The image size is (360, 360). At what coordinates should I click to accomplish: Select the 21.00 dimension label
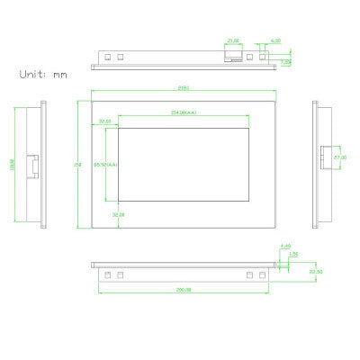tap(232, 41)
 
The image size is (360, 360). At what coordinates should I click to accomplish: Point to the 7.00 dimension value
tap(285, 62)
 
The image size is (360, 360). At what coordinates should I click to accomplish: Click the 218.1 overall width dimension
tap(184, 88)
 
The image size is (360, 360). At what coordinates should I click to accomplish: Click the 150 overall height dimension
tap(79, 165)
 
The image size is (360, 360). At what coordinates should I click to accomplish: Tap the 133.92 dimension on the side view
tap(13, 165)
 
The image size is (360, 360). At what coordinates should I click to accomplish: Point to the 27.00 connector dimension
tap(340, 157)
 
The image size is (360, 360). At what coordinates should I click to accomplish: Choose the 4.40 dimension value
tap(286, 246)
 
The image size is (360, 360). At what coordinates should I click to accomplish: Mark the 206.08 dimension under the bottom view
tap(184, 289)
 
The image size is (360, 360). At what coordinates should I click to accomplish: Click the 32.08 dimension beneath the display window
tap(118, 216)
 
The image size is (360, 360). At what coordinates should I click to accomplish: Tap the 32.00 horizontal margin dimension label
tap(104, 121)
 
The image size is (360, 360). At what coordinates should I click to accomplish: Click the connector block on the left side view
tap(32, 166)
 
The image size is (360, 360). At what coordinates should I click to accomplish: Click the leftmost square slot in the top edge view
tap(106, 56)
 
